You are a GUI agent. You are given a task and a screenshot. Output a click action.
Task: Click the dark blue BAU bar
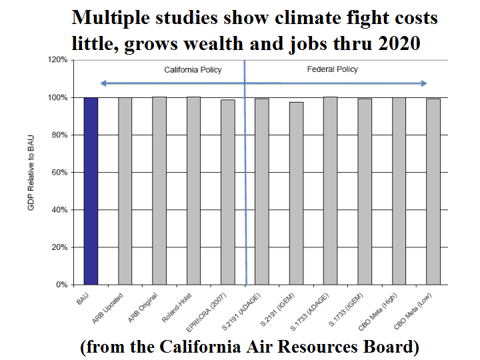tap(91, 191)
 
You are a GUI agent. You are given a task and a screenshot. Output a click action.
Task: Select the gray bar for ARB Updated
tap(125, 191)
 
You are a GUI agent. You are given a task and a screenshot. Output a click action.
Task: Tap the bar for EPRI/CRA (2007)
tap(227, 192)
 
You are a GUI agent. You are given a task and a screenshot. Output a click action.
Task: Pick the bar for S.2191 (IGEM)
tap(296, 193)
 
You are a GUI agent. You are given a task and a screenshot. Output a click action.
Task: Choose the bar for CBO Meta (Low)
tap(433, 191)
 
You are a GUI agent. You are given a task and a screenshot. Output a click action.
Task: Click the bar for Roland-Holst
tap(193, 191)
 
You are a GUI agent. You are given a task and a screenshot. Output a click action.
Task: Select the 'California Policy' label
tap(193, 69)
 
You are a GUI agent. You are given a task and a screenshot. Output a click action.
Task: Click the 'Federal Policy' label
tap(332, 69)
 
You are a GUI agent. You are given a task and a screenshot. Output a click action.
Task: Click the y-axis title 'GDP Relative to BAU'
tap(31, 172)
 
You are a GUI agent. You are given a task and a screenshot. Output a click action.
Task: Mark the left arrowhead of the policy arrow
tap(102, 83)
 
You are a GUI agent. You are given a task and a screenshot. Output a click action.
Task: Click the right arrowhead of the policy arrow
tap(424, 83)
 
